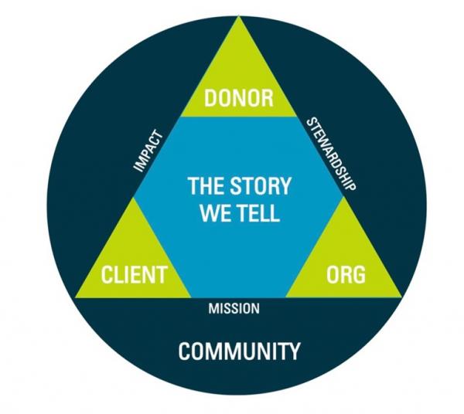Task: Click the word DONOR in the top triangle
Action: [x=238, y=99]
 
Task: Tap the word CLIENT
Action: [x=134, y=273]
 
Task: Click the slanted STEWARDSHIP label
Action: [x=331, y=154]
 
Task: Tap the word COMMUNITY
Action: [x=239, y=352]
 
